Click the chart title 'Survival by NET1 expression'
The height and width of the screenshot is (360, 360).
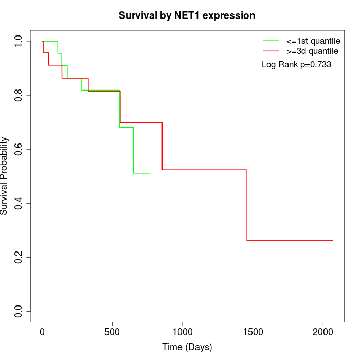(x=187, y=16)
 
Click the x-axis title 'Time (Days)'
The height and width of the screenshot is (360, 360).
(x=187, y=347)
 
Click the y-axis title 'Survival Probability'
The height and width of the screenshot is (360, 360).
(x=5, y=176)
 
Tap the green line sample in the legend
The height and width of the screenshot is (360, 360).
(x=271, y=41)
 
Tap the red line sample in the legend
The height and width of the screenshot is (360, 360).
(x=271, y=51)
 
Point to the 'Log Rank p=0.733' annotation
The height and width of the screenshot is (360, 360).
(x=296, y=65)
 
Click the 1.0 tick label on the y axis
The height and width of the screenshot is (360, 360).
(x=19, y=41)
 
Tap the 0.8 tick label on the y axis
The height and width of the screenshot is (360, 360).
(x=19, y=95)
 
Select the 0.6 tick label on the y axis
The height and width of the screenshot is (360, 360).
(x=19, y=149)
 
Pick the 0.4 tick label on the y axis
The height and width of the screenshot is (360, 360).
(x=19, y=203)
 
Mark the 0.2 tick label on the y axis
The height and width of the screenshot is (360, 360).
(x=19, y=257)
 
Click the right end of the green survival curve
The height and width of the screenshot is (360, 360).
(x=150, y=173)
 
